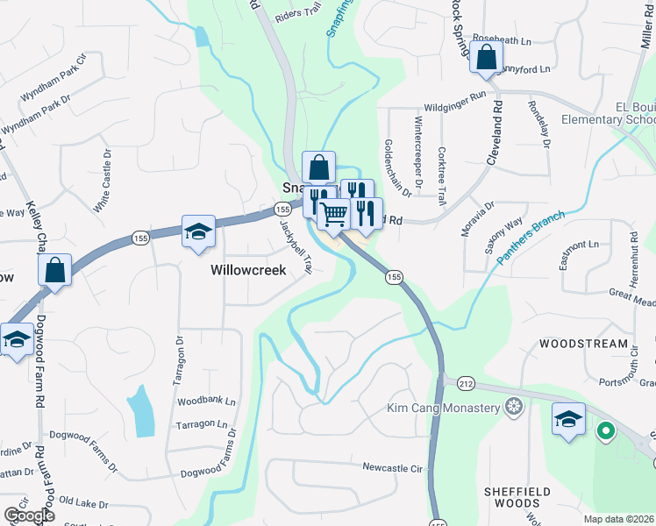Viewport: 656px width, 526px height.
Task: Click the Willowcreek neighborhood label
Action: pyautogui.click(x=248, y=271)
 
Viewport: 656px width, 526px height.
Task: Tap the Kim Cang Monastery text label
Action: pyautogui.click(x=444, y=409)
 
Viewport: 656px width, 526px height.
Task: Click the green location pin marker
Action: pyautogui.click(x=604, y=430)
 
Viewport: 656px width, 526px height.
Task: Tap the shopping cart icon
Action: pyautogui.click(x=333, y=214)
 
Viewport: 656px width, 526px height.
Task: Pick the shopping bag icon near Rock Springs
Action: pyautogui.click(x=486, y=58)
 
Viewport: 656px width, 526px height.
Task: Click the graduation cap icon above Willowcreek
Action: pyautogui.click(x=199, y=231)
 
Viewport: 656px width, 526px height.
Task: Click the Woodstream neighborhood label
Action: pyautogui.click(x=583, y=345)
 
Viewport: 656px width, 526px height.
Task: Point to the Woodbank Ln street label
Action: pyautogui.click(x=207, y=402)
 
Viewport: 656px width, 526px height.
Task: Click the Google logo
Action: pyautogui.click(x=29, y=515)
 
